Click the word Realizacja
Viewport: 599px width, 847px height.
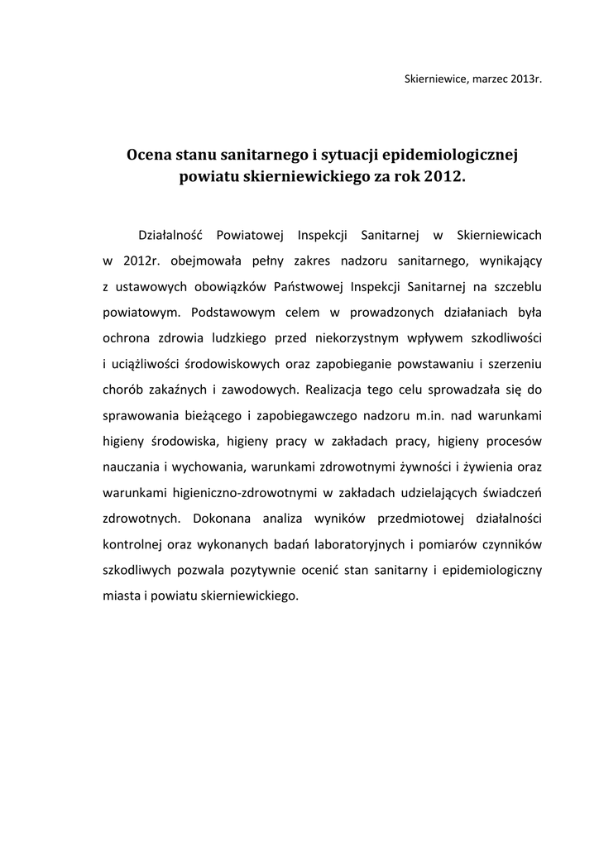coord(338,389)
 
